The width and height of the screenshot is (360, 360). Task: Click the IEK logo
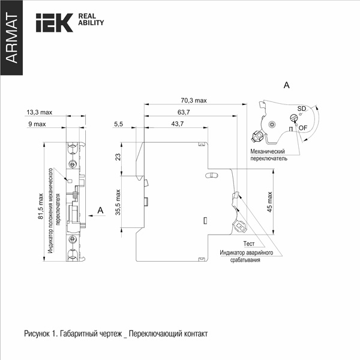click(55, 23)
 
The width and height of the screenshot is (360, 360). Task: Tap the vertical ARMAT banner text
click(11, 38)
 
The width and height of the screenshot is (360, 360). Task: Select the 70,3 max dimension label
click(194, 100)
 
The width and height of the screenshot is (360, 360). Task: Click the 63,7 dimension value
click(184, 112)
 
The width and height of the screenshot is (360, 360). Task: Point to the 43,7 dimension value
click(178, 124)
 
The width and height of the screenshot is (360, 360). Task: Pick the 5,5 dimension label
click(118, 124)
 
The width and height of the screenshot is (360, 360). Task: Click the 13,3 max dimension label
click(39, 112)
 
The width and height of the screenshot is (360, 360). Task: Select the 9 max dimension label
click(37, 124)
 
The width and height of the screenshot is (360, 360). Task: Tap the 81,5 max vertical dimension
click(40, 206)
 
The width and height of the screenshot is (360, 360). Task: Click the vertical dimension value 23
click(118, 157)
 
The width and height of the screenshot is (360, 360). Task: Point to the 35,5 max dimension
click(118, 202)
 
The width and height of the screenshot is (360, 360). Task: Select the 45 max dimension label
click(269, 202)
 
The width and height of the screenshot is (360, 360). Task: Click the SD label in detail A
click(302, 109)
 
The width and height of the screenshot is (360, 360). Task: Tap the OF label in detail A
click(303, 128)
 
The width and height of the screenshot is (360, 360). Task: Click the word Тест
click(249, 244)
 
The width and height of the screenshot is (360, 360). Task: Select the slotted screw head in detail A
click(294, 118)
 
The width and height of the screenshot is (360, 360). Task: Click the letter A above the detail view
click(287, 85)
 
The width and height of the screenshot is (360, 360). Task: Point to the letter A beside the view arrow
click(100, 211)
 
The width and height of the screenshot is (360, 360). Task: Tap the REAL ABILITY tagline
click(91, 19)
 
